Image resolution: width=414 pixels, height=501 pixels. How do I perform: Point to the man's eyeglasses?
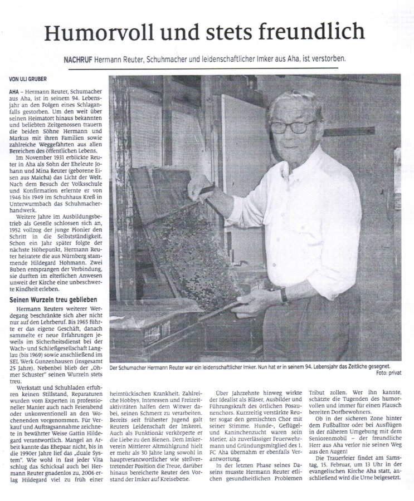click(293, 126)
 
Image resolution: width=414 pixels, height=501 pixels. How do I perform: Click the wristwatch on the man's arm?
click(285, 295)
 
